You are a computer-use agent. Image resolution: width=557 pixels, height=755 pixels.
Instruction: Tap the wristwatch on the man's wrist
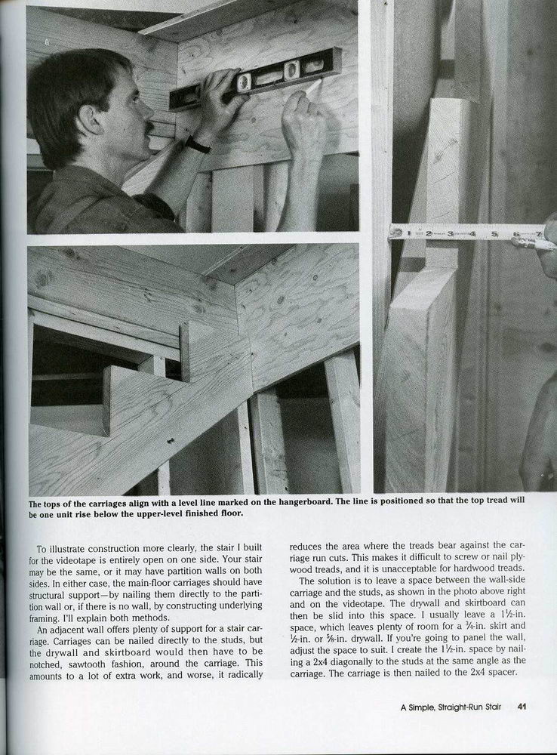[x=197, y=144]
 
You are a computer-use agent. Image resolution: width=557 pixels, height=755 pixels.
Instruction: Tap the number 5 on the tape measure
[x=494, y=233]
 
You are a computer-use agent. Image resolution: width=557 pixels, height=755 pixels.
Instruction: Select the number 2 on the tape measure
[x=428, y=233]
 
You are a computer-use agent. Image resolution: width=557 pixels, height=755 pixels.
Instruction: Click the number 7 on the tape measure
[x=538, y=233]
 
